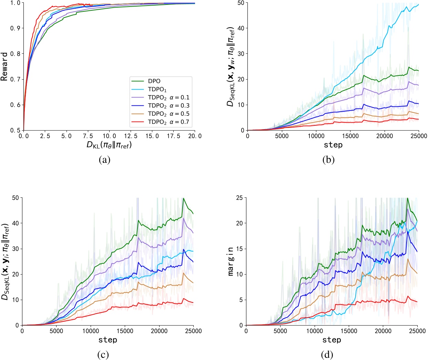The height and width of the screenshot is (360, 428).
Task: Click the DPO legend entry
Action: tap(154, 81)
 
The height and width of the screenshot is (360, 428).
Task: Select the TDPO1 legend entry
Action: tap(157, 90)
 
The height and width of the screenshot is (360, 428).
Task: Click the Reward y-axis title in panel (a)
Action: tap(4, 66)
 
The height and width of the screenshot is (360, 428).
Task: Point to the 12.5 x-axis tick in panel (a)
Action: tap(131, 136)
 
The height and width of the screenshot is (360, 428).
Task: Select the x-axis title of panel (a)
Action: tap(109, 145)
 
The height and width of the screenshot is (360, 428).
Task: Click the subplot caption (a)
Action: tap(105, 160)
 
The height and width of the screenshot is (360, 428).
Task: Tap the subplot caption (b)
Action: tap(329, 160)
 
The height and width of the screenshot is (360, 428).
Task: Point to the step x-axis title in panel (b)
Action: tap(333, 145)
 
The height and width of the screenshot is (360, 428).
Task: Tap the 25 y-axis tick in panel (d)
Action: tap(240, 198)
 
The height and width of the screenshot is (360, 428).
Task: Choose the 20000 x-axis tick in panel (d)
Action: tap(383, 331)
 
